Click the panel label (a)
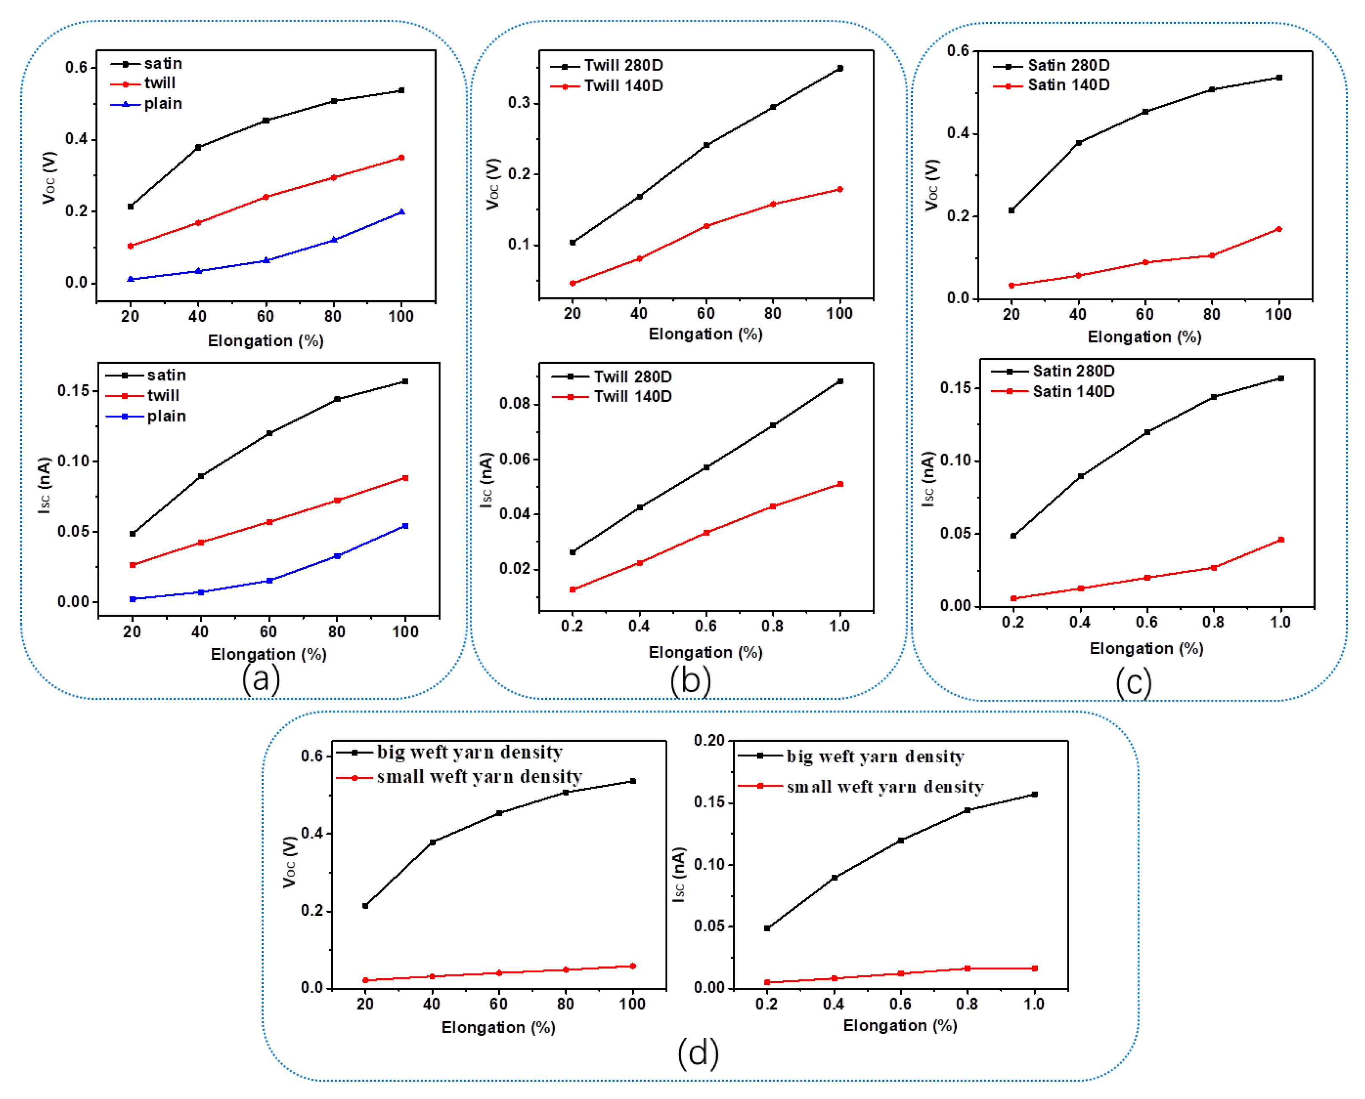click(x=260, y=679)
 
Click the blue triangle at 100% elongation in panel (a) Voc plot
click(x=401, y=212)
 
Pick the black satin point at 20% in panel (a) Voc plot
click(x=131, y=207)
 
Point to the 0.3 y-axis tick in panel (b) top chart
click(x=519, y=103)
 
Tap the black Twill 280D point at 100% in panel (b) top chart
click(x=840, y=68)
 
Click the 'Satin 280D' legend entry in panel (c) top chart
click(x=1068, y=65)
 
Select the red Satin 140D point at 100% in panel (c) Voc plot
click(x=1278, y=229)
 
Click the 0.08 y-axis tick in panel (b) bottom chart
click(x=514, y=403)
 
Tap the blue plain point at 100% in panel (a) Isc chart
click(x=405, y=526)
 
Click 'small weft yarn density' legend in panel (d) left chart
click(x=478, y=777)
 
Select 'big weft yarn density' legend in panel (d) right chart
click(x=875, y=756)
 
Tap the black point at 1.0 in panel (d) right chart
click(x=1035, y=794)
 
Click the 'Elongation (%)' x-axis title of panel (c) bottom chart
click(x=1146, y=648)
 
